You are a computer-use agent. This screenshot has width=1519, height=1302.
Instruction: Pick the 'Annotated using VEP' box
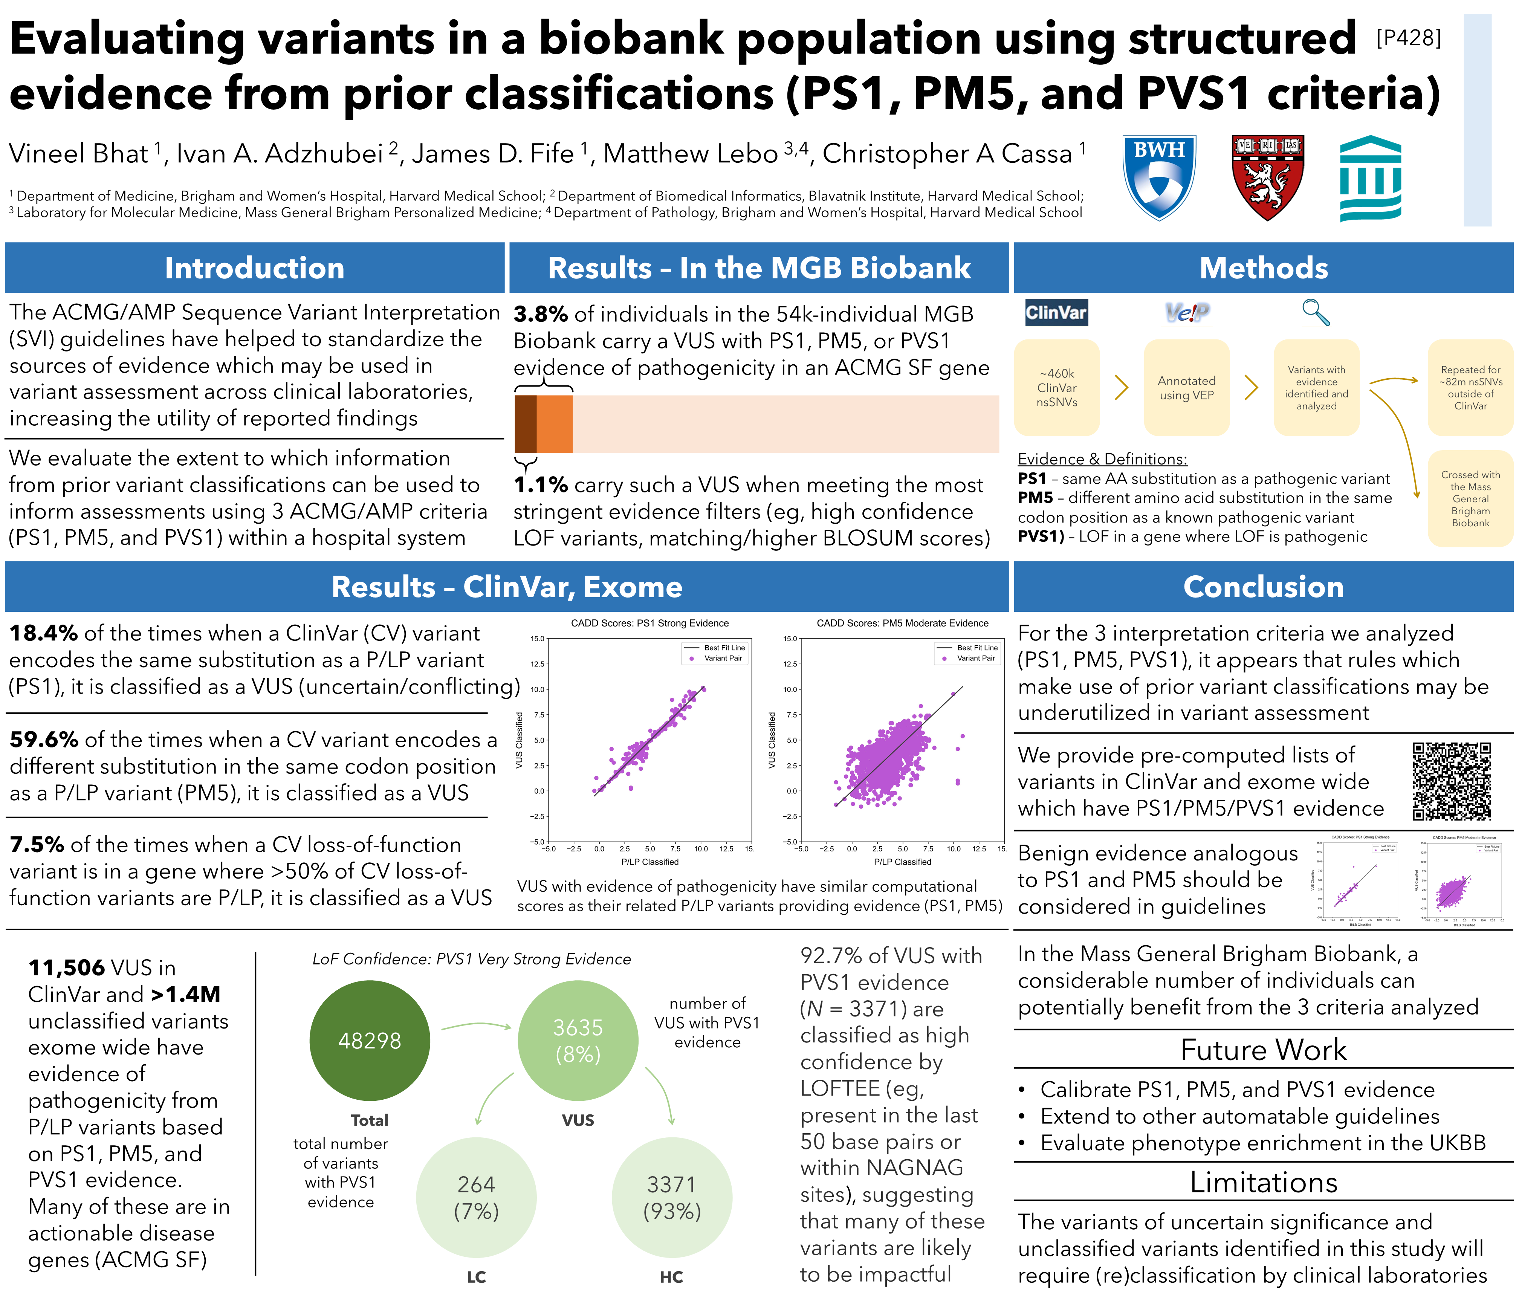click(x=1186, y=388)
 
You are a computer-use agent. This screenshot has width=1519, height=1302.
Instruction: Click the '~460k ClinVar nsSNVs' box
click(x=1056, y=388)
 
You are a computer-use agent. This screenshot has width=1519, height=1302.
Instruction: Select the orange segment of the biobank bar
click(x=554, y=424)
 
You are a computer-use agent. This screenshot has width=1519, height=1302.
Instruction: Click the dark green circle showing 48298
click(x=370, y=1040)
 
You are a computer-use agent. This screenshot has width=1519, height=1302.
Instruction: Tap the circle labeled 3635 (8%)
click(x=578, y=1040)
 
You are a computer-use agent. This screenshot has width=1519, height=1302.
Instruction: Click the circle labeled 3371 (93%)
click(x=671, y=1197)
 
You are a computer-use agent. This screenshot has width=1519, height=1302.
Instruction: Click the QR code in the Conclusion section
click(x=1452, y=781)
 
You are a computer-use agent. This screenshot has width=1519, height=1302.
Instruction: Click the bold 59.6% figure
click(x=44, y=740)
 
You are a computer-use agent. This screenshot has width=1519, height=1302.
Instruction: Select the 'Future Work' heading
click(x=1263, y=1050)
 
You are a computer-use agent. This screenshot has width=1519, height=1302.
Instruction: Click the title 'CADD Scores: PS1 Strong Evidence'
click(x=649, y=623)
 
